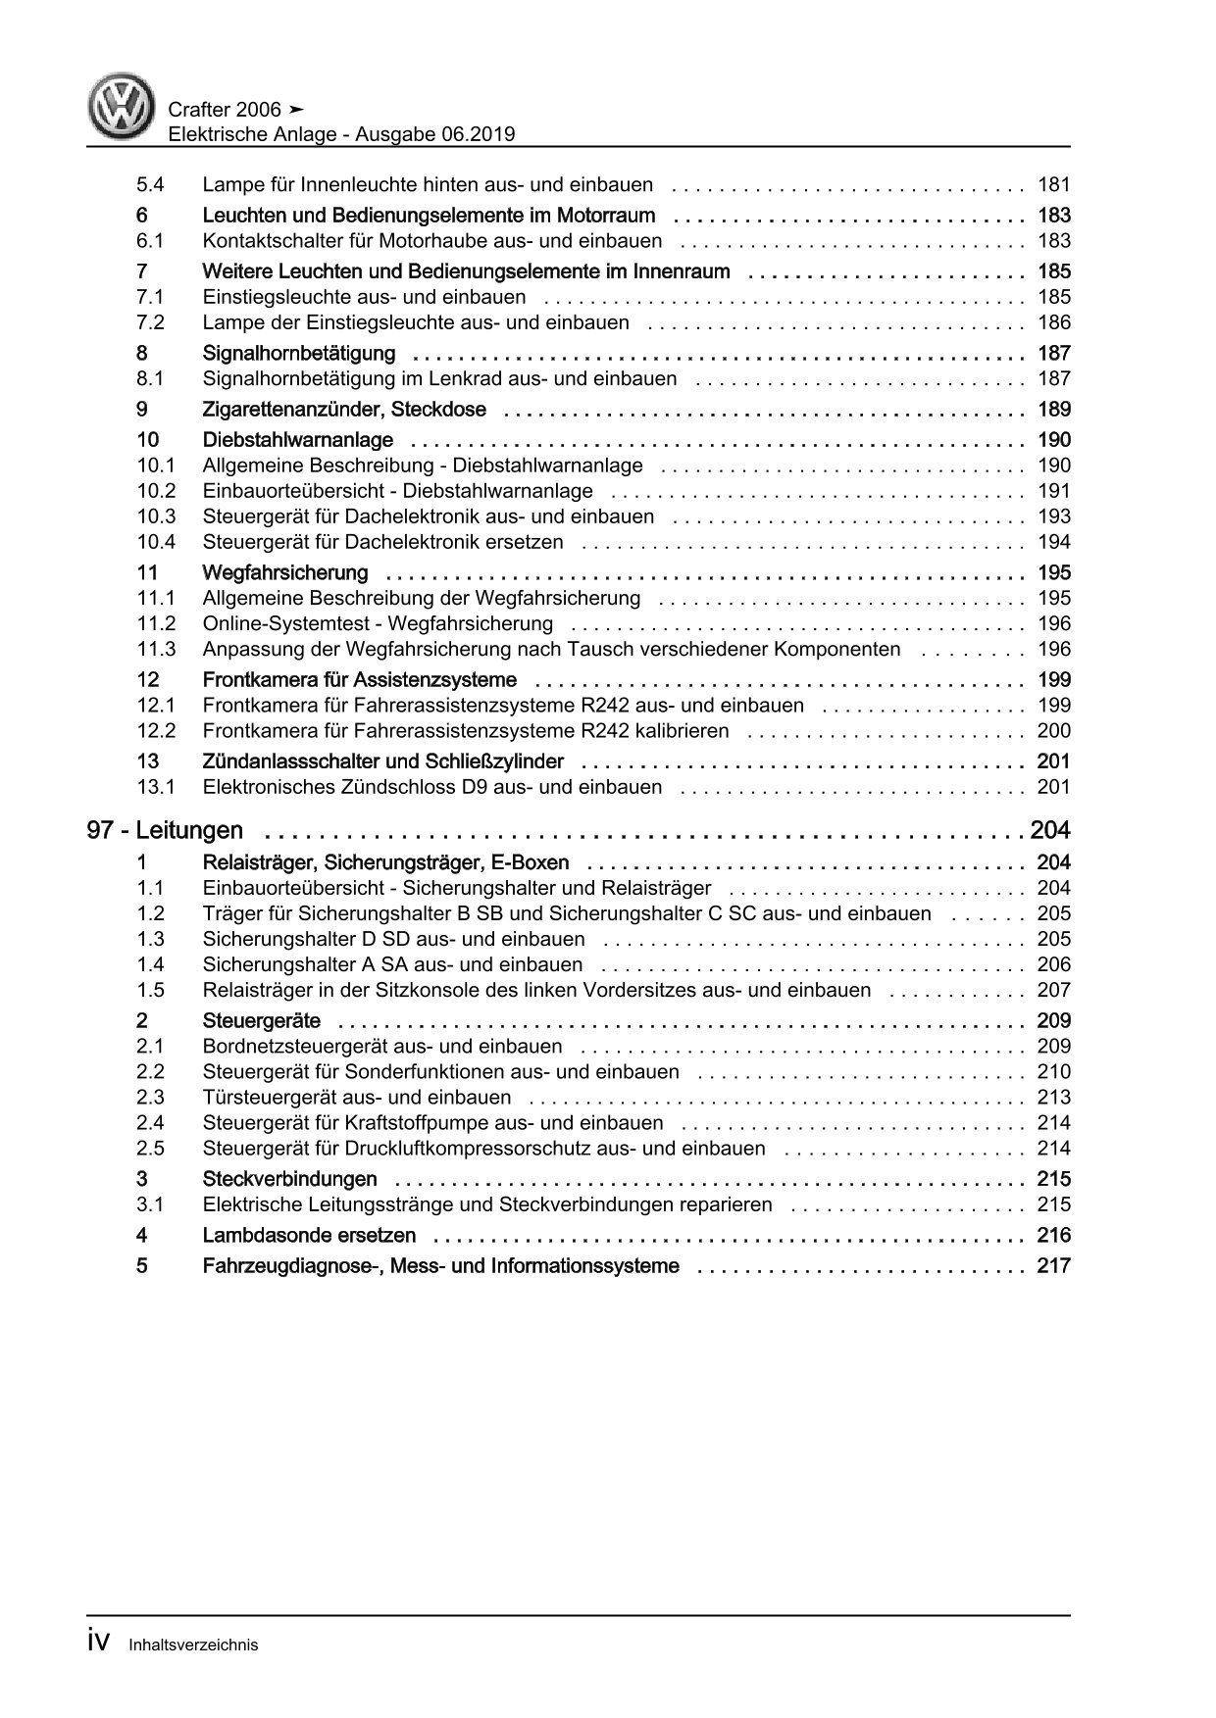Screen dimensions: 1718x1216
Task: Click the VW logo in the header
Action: point(123,108)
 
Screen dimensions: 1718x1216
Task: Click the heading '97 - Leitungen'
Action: point(165,831)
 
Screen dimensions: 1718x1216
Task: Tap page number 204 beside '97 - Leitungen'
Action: point(1050,831)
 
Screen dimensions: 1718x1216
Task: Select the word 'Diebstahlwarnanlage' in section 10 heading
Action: point(297,440)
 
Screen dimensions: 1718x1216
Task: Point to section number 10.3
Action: point(156,516)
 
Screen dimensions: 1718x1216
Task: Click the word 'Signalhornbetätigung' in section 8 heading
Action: point(298,353)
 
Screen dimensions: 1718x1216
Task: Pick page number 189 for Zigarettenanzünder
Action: point(1053,410)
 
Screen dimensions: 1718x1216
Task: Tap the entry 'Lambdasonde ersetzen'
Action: point(309,1236)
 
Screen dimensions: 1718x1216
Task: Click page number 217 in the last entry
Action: point(1053,1266)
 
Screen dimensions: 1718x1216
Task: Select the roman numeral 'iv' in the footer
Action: point(102,1643)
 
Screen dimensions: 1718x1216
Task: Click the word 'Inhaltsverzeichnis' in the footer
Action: point(193,1645)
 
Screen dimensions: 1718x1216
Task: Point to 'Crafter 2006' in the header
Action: point(225,110)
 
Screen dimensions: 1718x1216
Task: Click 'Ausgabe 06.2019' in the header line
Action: point(438,135)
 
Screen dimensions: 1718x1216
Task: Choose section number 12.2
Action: point(156,731)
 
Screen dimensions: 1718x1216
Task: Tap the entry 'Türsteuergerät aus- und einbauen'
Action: point(356,1098)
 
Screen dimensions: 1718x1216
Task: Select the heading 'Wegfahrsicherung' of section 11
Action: point(284,573)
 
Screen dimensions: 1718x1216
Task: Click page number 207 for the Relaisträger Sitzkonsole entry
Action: point(1053,991)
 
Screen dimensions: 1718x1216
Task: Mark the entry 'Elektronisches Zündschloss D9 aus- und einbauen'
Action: point(431,787)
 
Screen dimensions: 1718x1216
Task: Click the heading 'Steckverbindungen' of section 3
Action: point(289,1179)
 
